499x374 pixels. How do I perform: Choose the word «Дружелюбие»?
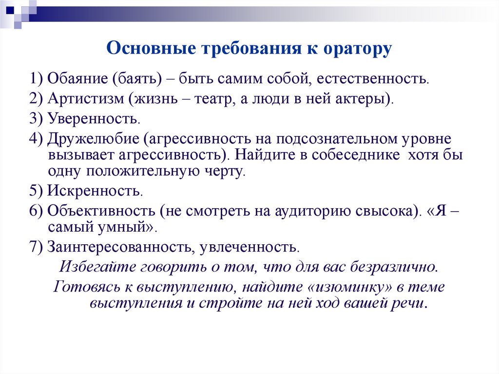93,139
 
